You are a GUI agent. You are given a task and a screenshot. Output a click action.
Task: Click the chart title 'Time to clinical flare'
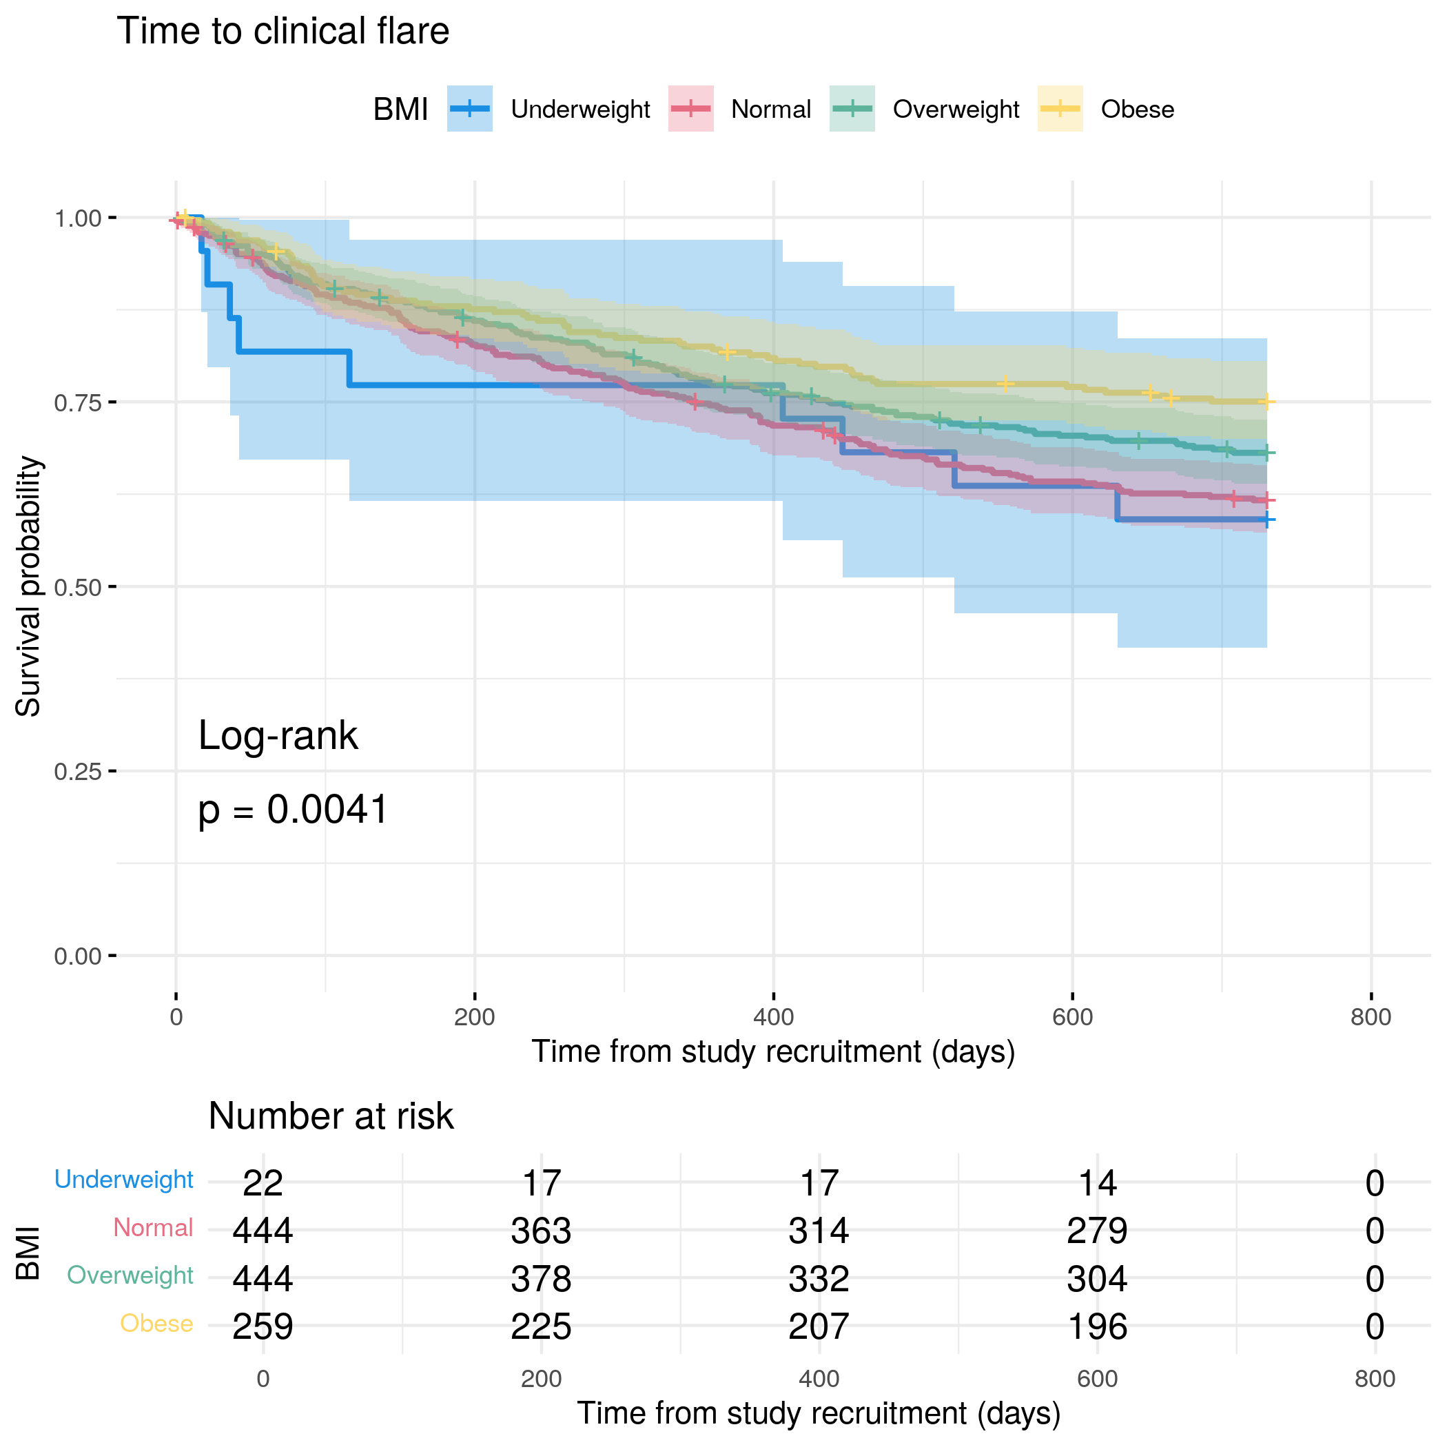click(283, 32)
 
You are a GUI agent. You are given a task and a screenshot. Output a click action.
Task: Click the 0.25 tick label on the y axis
click(77, 772)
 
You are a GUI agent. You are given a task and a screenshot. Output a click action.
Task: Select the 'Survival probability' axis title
click(28, 586)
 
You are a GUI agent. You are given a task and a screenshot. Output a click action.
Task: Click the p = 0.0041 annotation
click(293, 810)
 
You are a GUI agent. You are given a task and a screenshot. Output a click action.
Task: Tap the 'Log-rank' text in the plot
click(278, 735)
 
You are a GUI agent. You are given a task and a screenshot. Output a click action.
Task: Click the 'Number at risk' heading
click(330, 1116)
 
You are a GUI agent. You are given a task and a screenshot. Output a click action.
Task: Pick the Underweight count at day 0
click(263, 1183)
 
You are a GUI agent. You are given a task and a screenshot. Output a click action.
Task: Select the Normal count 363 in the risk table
click(541, 1231)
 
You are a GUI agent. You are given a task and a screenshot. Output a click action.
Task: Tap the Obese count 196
click(1097, 1326)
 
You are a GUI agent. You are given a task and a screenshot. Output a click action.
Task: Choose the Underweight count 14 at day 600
click(1097, 1183)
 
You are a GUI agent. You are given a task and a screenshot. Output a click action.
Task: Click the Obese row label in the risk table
click(156, 1324)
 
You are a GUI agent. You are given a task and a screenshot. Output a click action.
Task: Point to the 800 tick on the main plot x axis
click(1371, 1017)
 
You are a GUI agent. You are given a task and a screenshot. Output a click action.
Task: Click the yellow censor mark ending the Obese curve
click(1266, 402)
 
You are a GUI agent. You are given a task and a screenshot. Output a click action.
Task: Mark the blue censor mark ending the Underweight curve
click(1266, 519)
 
